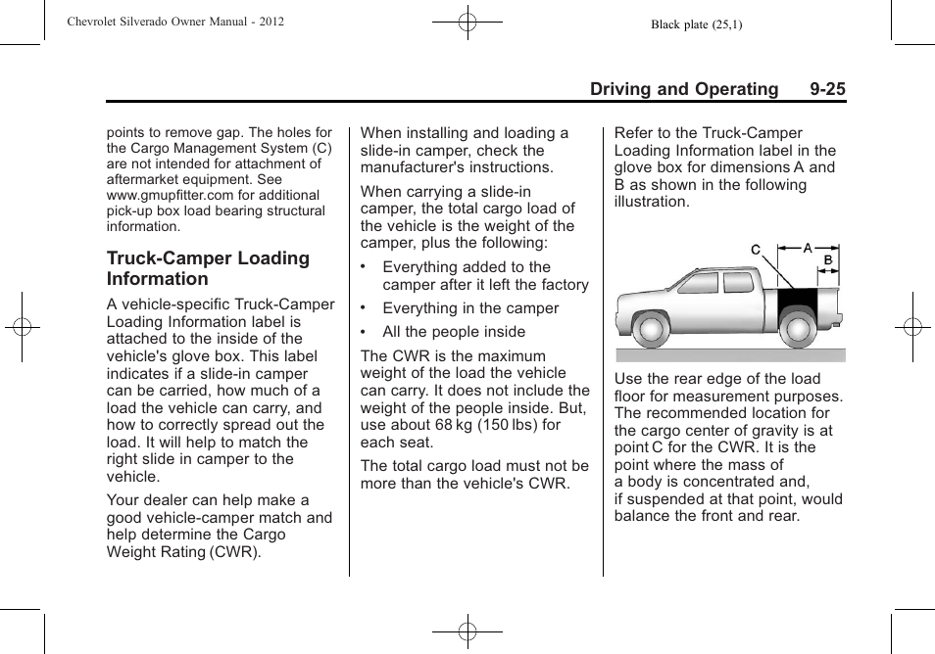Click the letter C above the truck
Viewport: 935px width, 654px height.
click(756, 251)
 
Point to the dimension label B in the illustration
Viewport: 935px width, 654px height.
click(827, 260)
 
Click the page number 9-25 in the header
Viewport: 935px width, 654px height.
click(827, 89)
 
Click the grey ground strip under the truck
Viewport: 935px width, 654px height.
click(730, 354)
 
